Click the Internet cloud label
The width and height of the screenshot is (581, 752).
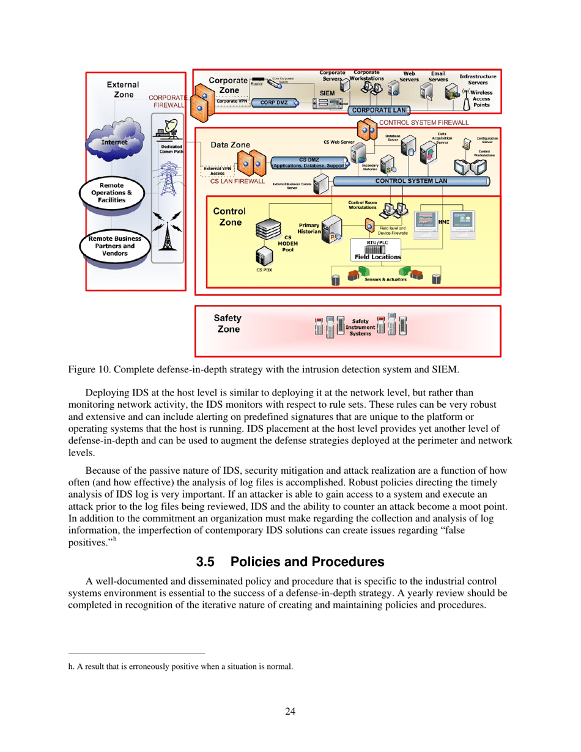pos(114,142)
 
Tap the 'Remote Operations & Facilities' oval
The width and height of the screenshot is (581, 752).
pos(113,192)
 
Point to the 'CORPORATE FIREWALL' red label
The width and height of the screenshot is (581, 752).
pos(168,101)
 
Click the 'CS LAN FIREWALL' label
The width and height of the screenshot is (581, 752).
pos(237,182)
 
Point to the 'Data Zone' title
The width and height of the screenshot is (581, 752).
pos(230,146)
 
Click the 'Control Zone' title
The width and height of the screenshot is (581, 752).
pos(229,216)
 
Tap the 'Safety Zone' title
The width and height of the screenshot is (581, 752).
pos(228,323)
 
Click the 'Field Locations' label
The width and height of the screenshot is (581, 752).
pos(377,257)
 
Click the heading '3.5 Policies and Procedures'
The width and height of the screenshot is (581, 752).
pos(290,561)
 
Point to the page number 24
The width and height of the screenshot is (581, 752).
pos(290,710)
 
